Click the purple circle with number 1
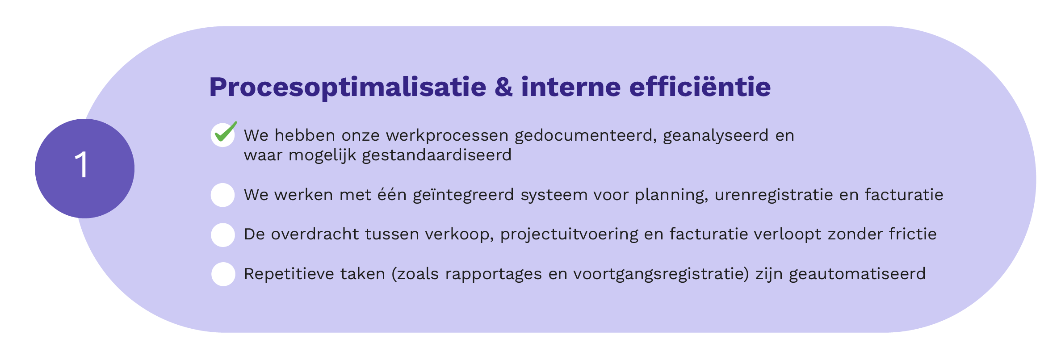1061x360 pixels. [84, 168]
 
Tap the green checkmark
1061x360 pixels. [226, 132]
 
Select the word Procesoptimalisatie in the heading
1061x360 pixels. [348, 88]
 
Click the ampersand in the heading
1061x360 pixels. [503, 87]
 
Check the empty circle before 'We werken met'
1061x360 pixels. [223, 195]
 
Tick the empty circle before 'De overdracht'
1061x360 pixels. [223, 235]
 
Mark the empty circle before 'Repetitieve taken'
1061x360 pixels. [223, 274]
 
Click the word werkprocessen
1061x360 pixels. [447, 136]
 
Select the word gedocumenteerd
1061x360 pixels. [586, 136]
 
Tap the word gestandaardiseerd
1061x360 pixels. [436, 155]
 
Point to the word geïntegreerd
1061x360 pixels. [463, 195]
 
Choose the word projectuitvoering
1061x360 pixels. [569, 234]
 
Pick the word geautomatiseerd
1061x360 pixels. [857, 274]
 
